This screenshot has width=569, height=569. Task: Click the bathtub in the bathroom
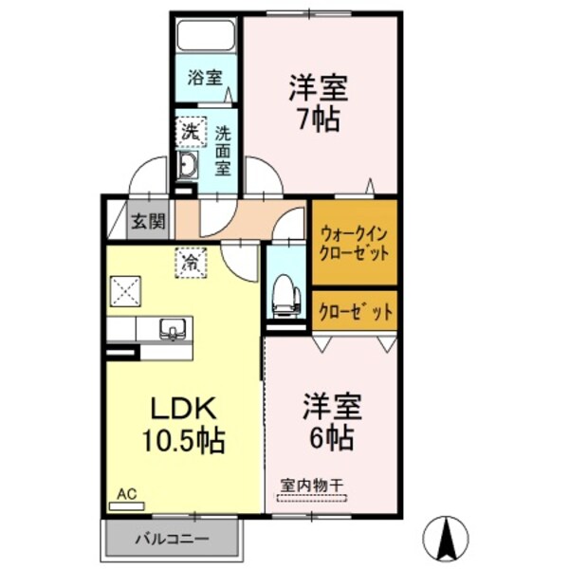click(x=206, y=36)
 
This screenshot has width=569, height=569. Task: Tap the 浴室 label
click(x=205, y=78)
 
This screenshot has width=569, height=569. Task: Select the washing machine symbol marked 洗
click(x=191, y=132)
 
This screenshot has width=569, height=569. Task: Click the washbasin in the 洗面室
click(x=188, y=165)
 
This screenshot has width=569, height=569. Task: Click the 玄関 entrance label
click(x=148, y=221)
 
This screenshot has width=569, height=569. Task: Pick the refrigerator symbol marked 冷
click(x=191, y=263)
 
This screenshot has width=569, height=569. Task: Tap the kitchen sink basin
click(x=174, y=329)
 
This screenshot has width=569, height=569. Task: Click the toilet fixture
click(x=286, y=296)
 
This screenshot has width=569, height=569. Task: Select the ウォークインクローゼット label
click(x=354, y=244)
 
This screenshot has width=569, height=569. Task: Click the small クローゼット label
click(x=356, y=311)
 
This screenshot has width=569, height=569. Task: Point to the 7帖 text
click(x=319, y=119)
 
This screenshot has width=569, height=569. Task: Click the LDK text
click(x=184, y=408)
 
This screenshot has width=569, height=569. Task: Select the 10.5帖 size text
click(x=183, y=441)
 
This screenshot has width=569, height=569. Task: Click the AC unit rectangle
click(x=127, y=505)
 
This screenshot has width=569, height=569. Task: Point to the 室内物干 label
click(x=312, y=486)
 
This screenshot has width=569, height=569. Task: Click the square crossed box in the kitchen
click(x=125, y=291)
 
